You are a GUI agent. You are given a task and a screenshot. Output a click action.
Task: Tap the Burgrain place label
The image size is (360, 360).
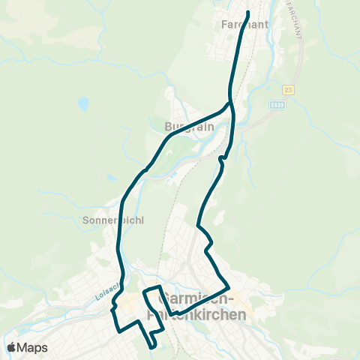click(x=190, y=126)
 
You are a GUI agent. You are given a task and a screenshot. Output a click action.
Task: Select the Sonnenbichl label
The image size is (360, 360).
click(x=112, y=220)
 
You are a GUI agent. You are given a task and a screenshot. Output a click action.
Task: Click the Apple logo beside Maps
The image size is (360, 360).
click(x=12, y=347)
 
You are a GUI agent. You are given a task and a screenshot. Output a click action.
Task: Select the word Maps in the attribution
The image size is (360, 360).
click(x=32, y=347)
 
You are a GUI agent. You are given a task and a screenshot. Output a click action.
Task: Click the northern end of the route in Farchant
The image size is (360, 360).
click(x=247, y=12)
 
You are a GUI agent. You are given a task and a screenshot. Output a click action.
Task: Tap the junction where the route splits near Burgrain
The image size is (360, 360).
click(x=229, y=103)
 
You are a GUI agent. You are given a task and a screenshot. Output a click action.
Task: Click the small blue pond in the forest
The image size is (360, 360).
click(x=84, y=102)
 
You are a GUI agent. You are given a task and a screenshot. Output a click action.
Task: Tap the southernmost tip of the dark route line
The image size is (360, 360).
click(x=153, y=347)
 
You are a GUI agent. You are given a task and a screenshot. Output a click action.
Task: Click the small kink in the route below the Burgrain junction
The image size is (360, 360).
click(x=221, y=159)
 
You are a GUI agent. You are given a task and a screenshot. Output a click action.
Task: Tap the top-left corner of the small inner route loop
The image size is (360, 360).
click(x=145, y=289)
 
